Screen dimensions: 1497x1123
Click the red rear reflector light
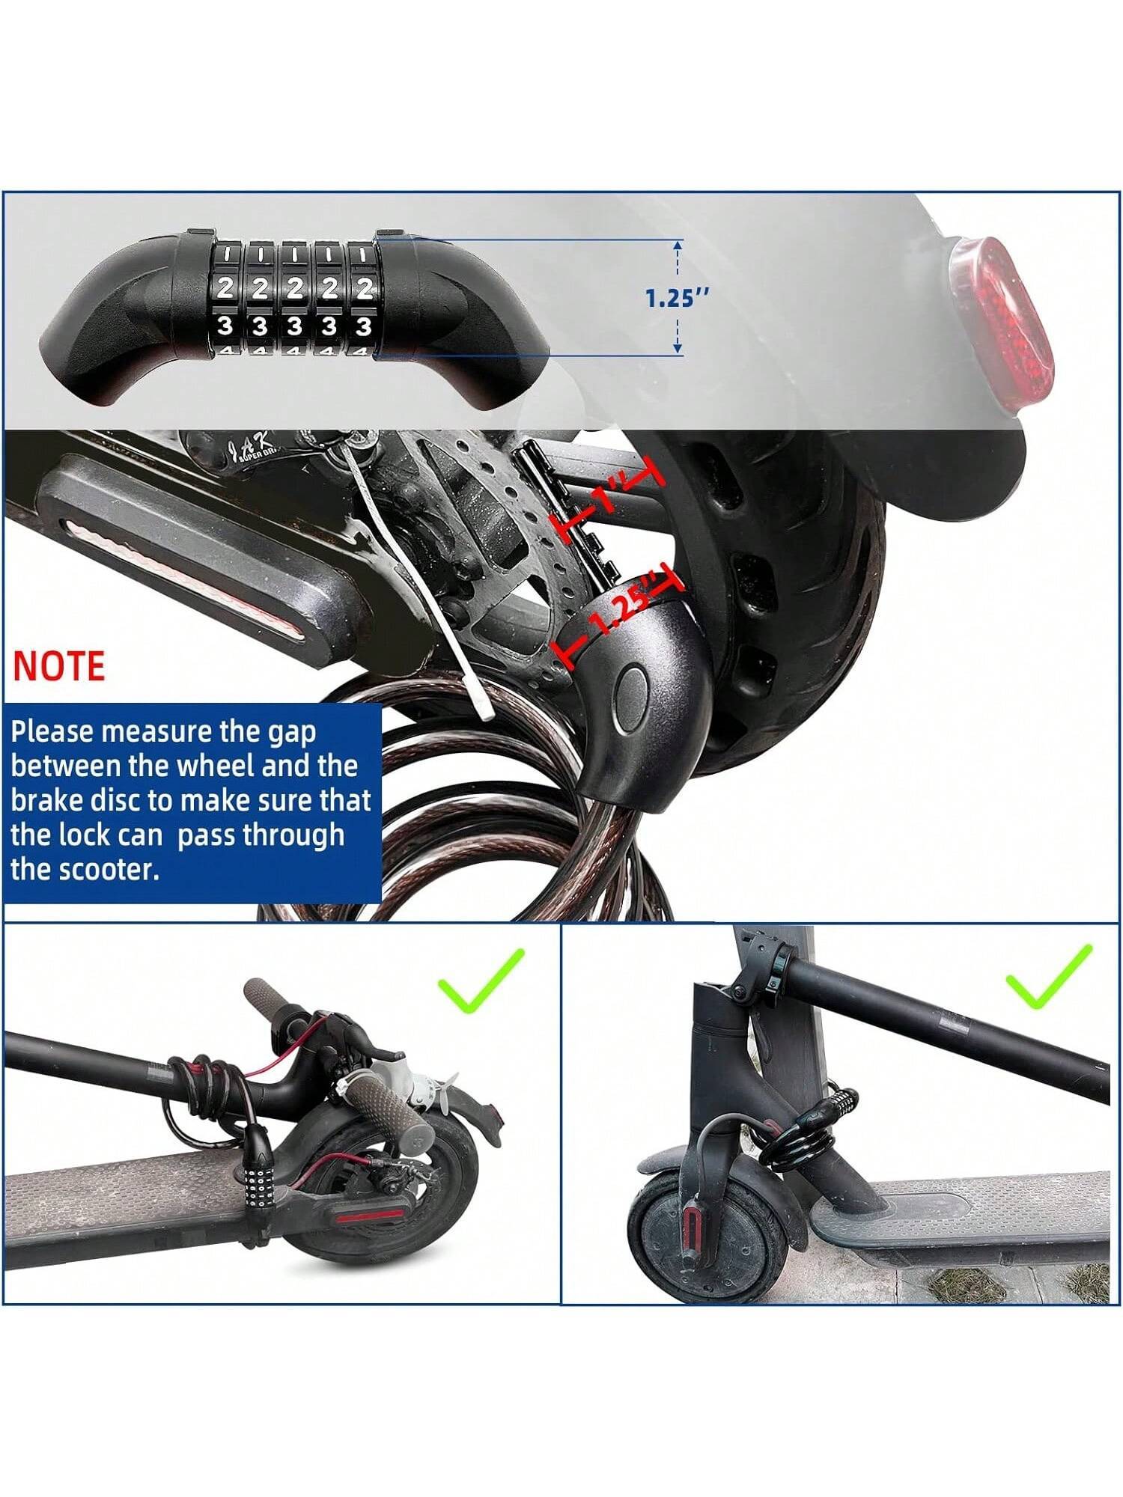click(999, 323)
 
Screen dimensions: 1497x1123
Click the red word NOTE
click(58, 666)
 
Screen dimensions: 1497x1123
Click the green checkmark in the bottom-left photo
click(481, 981)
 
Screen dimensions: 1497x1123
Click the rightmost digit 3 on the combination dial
click(364, 327)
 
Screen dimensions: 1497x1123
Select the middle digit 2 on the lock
click(294, 289)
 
